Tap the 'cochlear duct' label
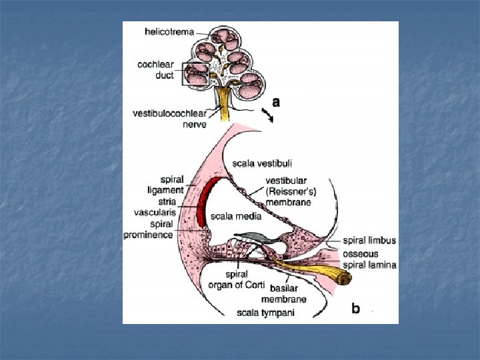point(156,70)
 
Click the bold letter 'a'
point(275,102)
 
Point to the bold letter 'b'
point(356,309)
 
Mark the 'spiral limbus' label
point(370,240)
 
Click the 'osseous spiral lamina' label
point(370,259)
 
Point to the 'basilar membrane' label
point(288,294)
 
